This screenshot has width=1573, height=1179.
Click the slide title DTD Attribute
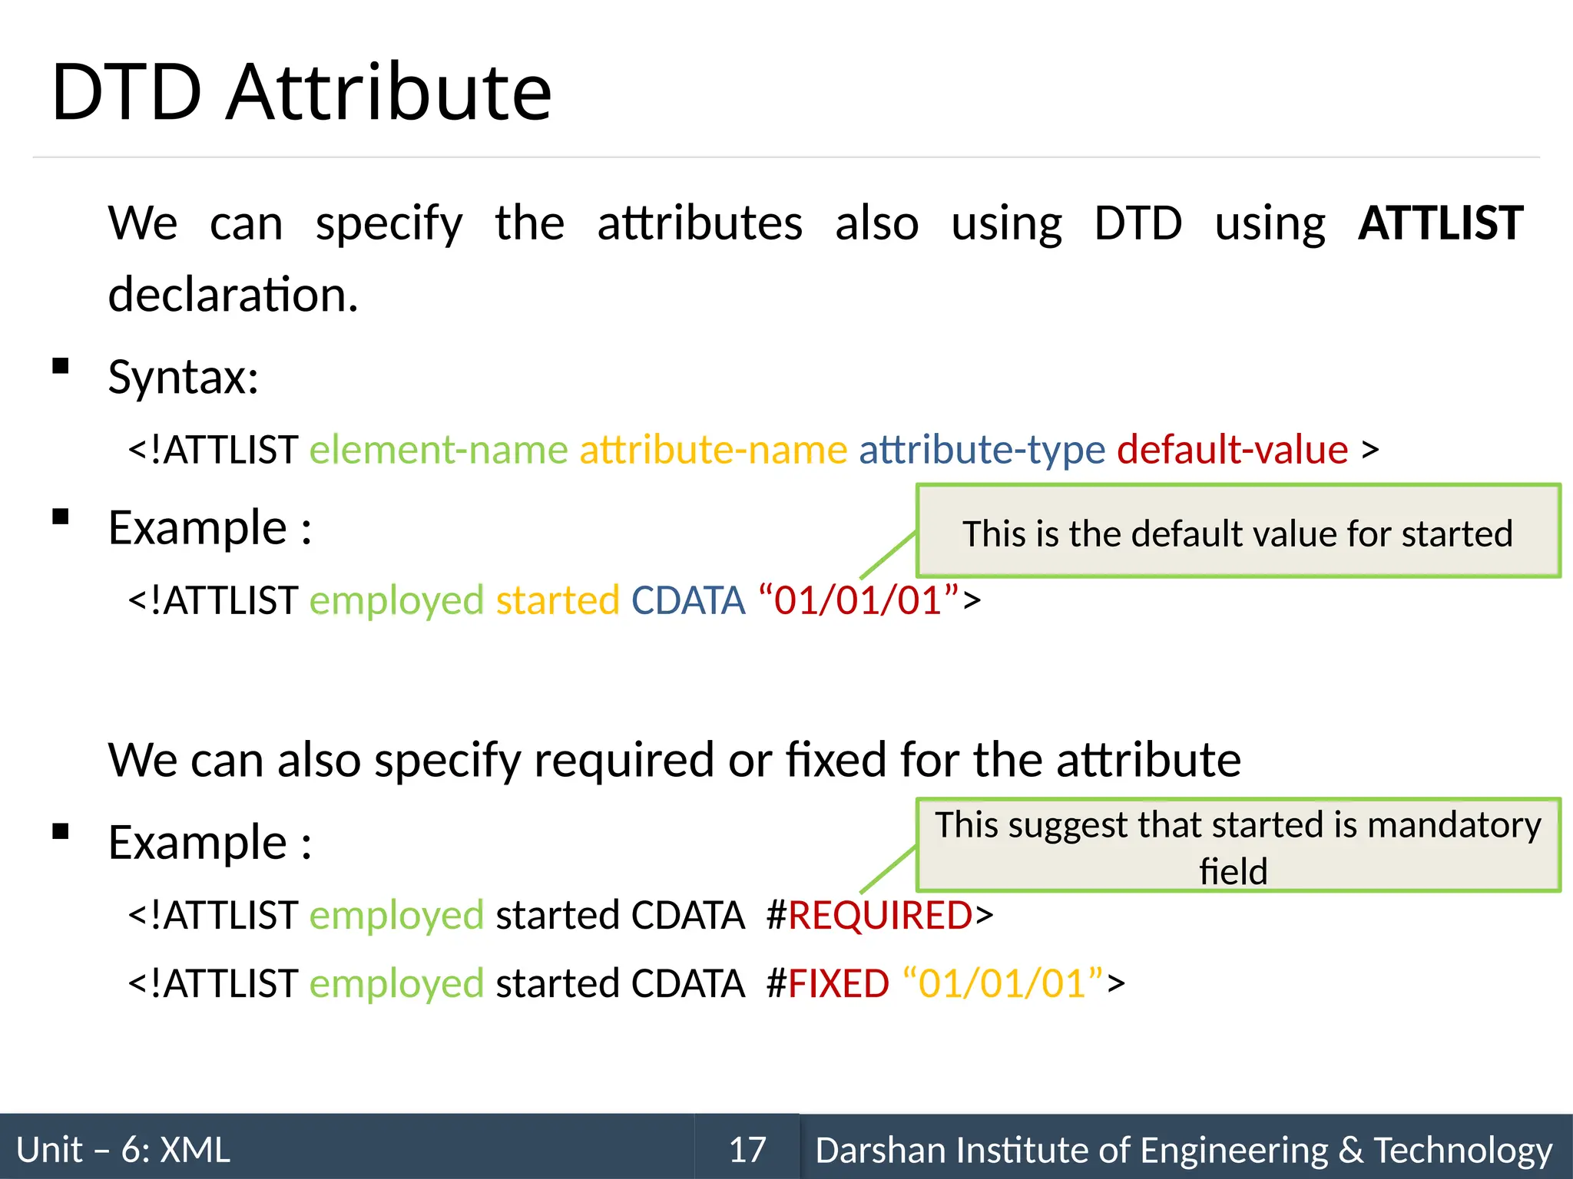(301, 93)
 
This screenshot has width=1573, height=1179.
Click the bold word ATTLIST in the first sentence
(1440, 223)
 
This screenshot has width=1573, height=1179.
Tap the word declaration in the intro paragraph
(233, 295)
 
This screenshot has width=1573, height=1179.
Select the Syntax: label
(183, 377)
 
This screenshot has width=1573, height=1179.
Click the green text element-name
(439, 450)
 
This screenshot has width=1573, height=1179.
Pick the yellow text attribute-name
(713, 450)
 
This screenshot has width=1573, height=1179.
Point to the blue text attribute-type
(982, 450)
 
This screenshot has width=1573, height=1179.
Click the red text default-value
(1232, 450)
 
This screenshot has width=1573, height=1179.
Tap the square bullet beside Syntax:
(61, 366)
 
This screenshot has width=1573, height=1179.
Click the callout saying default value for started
(1237, 532)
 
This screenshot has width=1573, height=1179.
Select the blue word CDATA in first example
(688, 600)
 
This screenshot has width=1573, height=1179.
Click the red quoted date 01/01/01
(858, 600)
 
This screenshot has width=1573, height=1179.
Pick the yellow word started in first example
(558, 600)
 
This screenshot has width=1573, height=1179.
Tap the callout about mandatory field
(1237, 845)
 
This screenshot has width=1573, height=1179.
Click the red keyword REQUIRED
(880, 915)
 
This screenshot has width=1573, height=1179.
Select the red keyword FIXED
(839, 983)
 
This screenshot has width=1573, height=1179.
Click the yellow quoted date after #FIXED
(1002, 983)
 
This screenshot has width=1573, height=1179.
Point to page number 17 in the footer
(747, 1149)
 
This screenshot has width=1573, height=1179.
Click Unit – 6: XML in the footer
(123, 1149)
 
